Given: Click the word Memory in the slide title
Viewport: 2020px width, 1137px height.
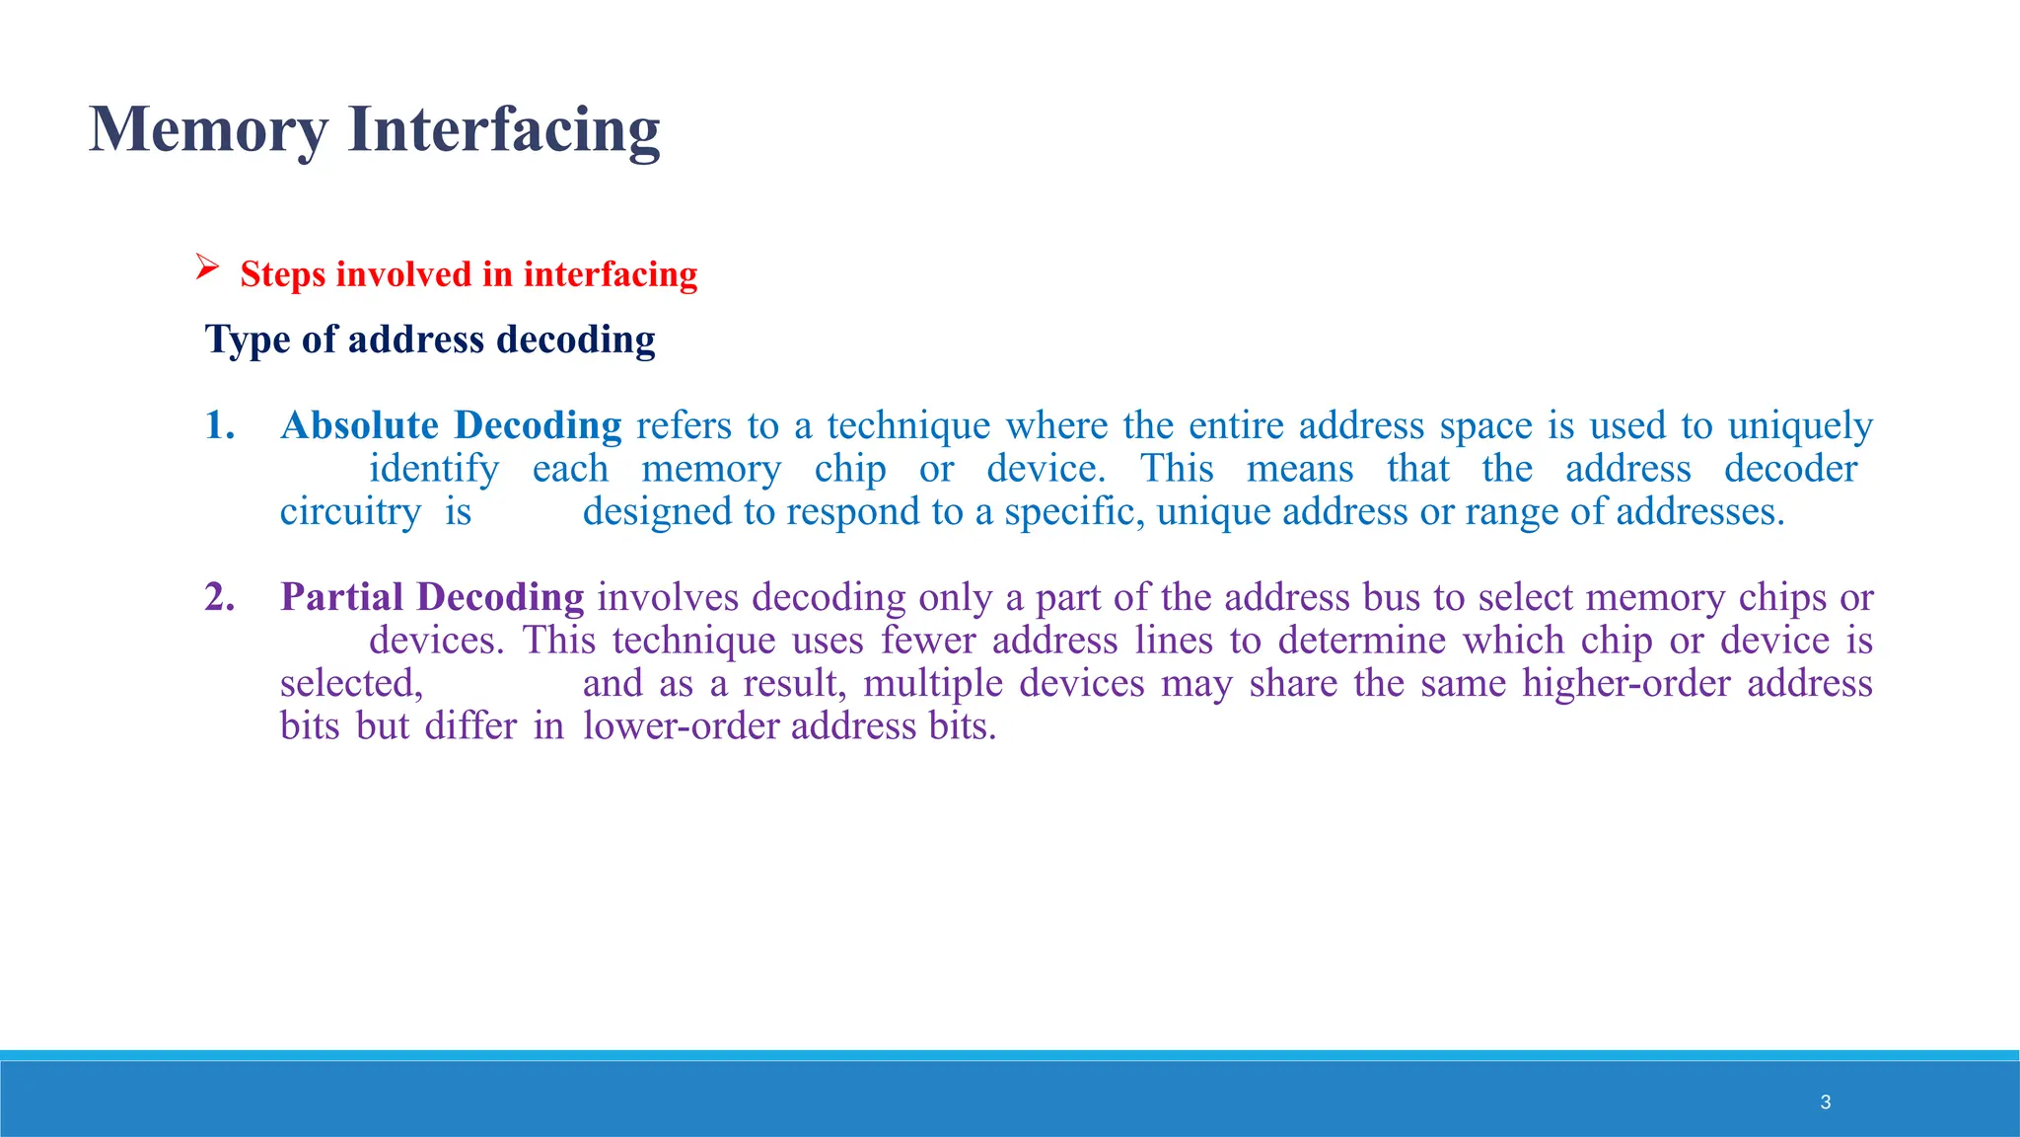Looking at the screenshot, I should click(x=208, y=130).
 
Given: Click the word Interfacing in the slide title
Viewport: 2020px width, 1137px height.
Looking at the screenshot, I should click(x=504, y=130).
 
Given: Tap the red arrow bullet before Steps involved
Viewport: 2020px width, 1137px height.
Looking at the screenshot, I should click(x=206, y=266).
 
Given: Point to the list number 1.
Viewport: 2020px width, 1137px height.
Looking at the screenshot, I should click(x=219, y=426).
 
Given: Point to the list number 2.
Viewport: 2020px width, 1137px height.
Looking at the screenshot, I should click(x=219, y=598).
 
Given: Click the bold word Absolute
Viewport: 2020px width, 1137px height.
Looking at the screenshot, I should click(x=359, y=426).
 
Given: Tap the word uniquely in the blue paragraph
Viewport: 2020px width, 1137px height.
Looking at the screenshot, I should click(x=1800, y=426).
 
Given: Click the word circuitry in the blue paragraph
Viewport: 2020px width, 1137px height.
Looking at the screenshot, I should click(x=350, y=512).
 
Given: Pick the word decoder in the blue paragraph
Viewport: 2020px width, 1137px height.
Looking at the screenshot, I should click(x=1790, y=469).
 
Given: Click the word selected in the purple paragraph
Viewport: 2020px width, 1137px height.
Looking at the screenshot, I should click(x=350, y=683).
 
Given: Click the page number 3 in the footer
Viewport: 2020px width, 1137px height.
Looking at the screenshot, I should click(x=1826, y=1102).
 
